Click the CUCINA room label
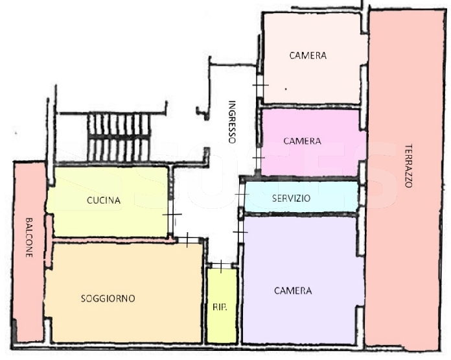[x=104, y=200]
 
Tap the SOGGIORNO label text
[x=108, y=298]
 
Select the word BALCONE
[x=29, y=237]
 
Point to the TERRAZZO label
[x=409, y=165]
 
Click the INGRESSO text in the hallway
[x=232, y=121]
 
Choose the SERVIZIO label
[x=292, y=198]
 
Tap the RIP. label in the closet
[x=220, y=307]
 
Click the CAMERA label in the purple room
[x=293, y=291]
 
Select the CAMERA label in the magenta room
[x=303, y=141]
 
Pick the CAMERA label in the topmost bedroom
[x=308, y=55]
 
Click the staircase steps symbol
[x=119, y=138]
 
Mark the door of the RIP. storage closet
[x=221, y=265]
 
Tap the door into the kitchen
[x=172, y=215]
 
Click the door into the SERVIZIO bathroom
[x=242, y=195]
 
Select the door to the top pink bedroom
[x=260, y=85]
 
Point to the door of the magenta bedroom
[x=259, y=158]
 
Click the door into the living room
[x=187, y=239]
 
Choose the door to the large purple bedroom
[x=240, y=232]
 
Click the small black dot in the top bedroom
[x=286, y=89]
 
